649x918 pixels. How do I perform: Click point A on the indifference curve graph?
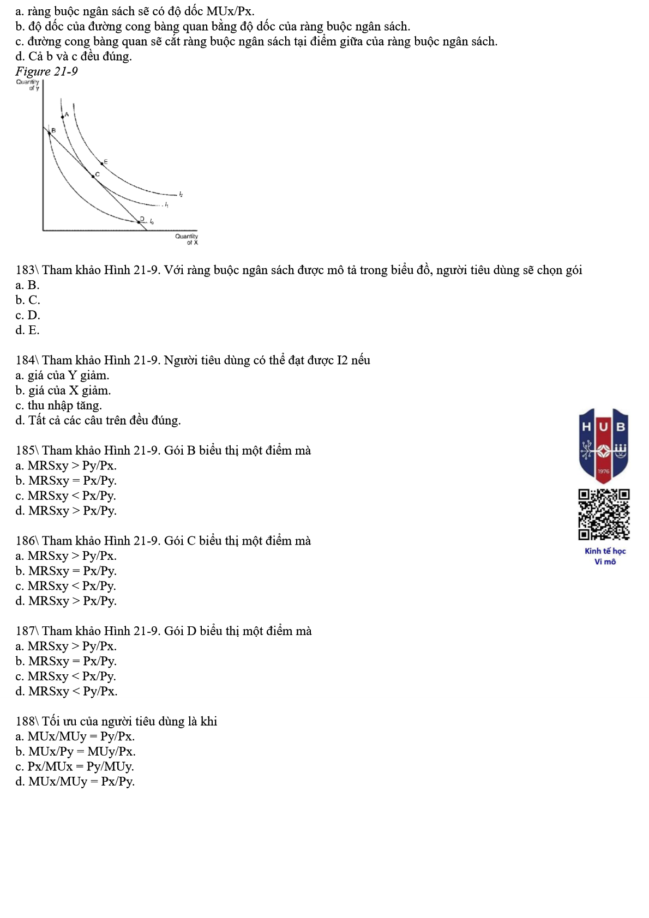coord(63,117)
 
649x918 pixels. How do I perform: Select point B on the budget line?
coord(50,132)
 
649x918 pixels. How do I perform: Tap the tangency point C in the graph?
coord(93,177)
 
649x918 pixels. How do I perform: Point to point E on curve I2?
coord(101,163)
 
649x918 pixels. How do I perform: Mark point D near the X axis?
coord(139,221)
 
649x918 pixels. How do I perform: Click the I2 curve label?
coord(181,194)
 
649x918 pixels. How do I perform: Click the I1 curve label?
coord(166,206)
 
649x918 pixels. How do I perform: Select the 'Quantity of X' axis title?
coord(187,239)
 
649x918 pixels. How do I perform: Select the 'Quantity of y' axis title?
coord(28,84)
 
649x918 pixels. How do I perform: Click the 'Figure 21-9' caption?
coord(46,71)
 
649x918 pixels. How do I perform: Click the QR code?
coord(604,514)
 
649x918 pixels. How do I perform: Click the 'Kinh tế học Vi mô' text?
coord(605,556)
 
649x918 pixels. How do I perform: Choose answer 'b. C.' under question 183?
coord(28,300)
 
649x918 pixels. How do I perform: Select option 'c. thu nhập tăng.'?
coord(58,405)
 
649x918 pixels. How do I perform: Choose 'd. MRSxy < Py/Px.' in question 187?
coord(66,691)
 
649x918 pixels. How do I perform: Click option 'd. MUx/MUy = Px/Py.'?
coord(75,781)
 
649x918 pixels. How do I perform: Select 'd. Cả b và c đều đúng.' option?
coord(74,56)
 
